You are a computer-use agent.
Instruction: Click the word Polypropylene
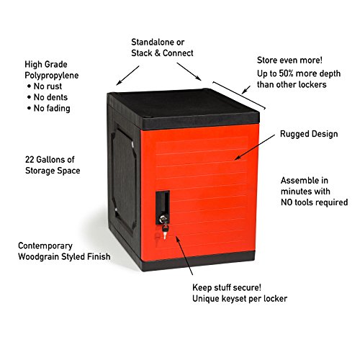click(x=52, y=76)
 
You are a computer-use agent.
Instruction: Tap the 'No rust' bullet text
click(x=48, y=86)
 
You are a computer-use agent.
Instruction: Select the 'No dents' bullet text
click(x=50, y=97)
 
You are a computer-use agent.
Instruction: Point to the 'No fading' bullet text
click(x=52, y=108)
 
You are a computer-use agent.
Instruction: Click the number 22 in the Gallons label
click(x=29, y=160)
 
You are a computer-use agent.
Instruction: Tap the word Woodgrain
click(x=38, y=256)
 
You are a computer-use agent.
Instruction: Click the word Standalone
click(x=153, y=42)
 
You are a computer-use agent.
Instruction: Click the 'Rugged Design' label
click(x=309, y=134)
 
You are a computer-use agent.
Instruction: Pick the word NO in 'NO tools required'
click(x=287, y=202)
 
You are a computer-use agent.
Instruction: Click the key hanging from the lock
click(x=165, y=230)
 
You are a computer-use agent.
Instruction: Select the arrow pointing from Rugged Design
click(x=255, y=147)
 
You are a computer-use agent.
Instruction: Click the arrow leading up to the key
click(x=184, y=256)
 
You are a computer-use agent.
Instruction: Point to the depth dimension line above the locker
click(x=239, y=95)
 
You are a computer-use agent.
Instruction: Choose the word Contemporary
click(x=45, y=246)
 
